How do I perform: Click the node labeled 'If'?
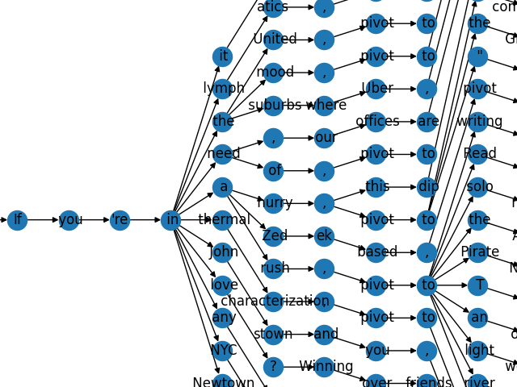point(18,220)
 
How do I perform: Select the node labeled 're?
point(120,220)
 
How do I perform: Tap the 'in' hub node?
point(171,220)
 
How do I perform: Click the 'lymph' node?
point(223,89)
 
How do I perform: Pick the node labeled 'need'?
point(223,154)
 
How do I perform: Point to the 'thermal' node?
point(223,220)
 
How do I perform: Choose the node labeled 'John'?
point(223,252)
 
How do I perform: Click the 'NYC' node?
point(223,351)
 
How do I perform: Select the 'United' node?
point(274,40)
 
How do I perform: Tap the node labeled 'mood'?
point(274,73)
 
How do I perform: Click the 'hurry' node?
point(274,203)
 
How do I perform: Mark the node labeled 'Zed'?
point(274,236)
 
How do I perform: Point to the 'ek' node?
point(325,236)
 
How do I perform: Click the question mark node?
point(274,367)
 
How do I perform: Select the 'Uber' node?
point(376,89)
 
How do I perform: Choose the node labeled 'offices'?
point(376,122)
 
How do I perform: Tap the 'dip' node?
point(427,187)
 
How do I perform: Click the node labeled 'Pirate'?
point(479,252)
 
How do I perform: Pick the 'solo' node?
point(479,187)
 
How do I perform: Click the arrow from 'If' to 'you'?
point(44,220)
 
